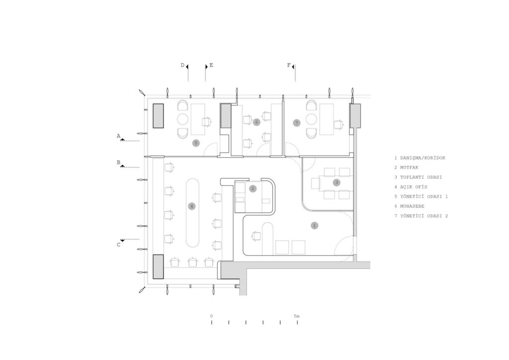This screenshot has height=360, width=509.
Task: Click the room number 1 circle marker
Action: [314, 225]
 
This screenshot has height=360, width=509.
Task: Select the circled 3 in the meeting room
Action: [337, 183]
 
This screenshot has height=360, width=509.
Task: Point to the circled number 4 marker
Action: [192, 206]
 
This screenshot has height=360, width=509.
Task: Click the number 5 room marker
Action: [195, 143]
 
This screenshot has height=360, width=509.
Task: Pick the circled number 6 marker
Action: [257, 122]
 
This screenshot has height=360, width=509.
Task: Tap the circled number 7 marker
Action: [296, 123]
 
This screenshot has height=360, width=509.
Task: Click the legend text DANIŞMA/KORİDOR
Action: [423, 158]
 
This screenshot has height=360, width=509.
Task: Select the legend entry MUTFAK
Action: [409, 168]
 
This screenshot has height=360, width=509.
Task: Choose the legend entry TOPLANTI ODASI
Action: [421, 177]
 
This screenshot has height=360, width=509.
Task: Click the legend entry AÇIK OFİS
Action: [413, 187]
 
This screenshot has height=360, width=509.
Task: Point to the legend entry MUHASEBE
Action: [412, 206]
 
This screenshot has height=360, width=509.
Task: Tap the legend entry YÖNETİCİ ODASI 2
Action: [424, 216]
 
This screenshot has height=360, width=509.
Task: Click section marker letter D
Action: [182, 65]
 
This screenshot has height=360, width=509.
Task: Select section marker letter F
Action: [289, 65]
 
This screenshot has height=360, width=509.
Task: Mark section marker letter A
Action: [118, 136]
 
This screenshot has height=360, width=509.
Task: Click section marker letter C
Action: [118, 245]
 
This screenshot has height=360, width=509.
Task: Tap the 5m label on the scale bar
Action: [297, 316]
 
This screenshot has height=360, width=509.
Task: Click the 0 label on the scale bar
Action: [211, 316]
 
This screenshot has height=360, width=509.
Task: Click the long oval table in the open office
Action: [193, 213]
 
